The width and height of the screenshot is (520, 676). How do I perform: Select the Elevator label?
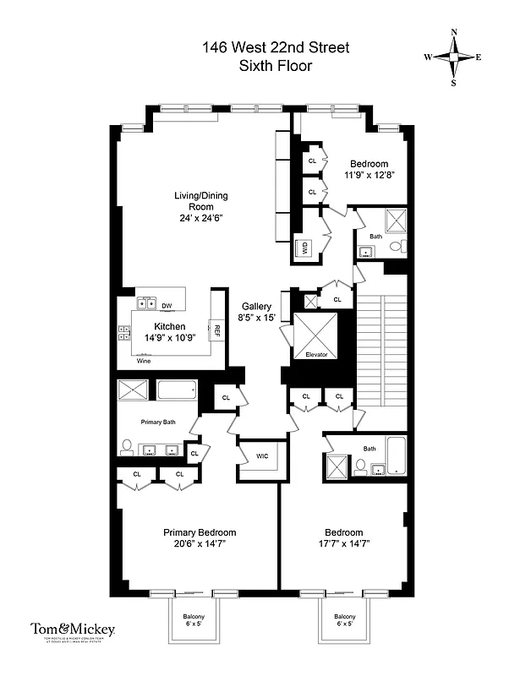315,354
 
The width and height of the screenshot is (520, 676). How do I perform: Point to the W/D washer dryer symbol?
302,247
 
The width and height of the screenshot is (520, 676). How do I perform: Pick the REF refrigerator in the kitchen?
216,330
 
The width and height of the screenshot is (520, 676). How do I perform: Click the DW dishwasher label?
167,306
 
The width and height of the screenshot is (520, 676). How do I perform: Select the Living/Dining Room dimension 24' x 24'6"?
200,219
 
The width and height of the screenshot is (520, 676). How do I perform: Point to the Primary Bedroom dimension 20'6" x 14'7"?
199,544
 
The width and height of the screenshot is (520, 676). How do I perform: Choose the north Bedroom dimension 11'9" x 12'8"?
369,176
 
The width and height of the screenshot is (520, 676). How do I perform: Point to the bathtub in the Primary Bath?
177,390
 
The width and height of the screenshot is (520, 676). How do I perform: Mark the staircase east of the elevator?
382,344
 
